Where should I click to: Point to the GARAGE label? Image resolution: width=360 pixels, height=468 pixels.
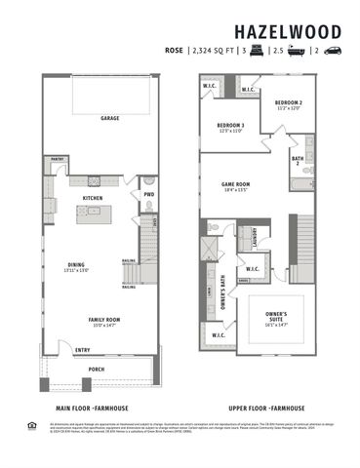pyautogui.click(x=109, y=119)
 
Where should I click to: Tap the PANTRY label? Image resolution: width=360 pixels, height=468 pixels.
pyautogui.click(x=58, y=158)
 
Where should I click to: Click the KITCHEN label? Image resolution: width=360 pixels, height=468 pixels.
pyautogui.click(x=93, y=198)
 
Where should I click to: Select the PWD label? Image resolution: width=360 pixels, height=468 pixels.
pyautogui.click(x=149, y=193)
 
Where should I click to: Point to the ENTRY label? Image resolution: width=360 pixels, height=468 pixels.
pyautogui.click(x=83, y=350)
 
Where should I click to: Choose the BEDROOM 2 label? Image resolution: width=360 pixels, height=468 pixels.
pyautogui.click(x=288, y=102)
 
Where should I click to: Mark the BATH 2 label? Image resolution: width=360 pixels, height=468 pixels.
pyautogui.click(x=298, y=161)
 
